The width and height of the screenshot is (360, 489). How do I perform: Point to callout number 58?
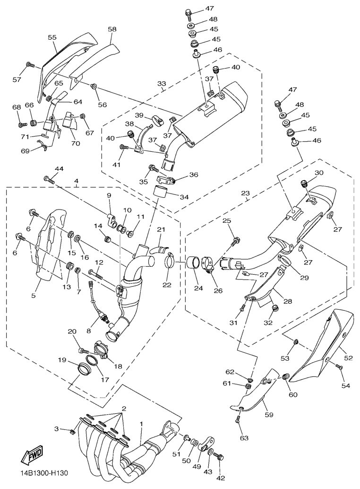coord(112,29)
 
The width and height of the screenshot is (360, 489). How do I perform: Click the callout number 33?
coord(162,85)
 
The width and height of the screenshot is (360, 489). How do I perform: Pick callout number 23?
coord(245,193)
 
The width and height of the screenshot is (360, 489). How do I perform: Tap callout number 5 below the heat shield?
coord(34,296)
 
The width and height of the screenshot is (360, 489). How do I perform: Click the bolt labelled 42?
coord(219,456)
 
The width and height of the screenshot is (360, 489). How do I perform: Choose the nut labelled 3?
coord(72,431)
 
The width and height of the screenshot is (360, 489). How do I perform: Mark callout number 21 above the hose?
coord(161,230)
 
